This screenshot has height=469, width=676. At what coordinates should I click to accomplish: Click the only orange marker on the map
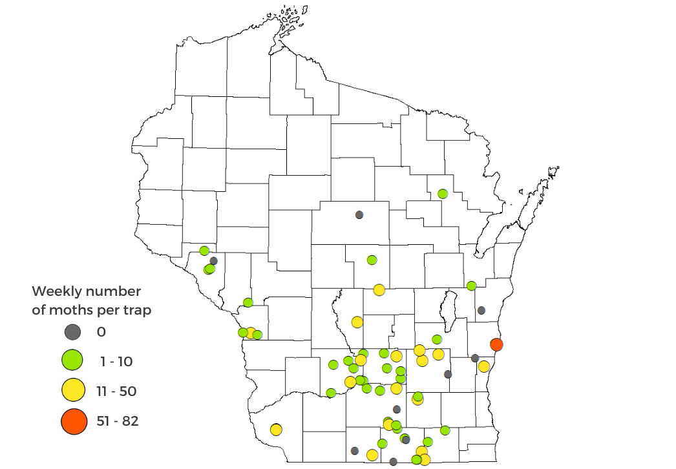(496, 344)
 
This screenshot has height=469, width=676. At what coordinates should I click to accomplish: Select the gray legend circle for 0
(73, 332)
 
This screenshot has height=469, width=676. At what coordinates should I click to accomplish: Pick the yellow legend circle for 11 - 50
(73, 391)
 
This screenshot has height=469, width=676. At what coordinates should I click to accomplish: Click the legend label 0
(101, 332)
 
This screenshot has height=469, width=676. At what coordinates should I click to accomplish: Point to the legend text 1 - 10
(116, 362)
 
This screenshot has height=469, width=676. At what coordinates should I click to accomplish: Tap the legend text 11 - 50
(118, 391)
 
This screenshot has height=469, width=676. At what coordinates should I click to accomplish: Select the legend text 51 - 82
(119, 421)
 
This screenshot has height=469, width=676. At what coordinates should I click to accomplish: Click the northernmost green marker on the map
(443, 194)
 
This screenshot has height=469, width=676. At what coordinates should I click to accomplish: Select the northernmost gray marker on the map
(359, 214)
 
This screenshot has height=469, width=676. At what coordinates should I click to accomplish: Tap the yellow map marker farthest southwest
(276, 429)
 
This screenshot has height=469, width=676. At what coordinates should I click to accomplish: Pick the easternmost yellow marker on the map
(483, 366)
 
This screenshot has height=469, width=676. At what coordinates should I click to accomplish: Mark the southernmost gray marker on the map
(393, 461)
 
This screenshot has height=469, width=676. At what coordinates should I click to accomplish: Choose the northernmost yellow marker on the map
(379, 289)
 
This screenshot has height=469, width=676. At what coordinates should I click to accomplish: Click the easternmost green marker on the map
(472, 286)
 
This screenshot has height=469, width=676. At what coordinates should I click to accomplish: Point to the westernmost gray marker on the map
(213, 260)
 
